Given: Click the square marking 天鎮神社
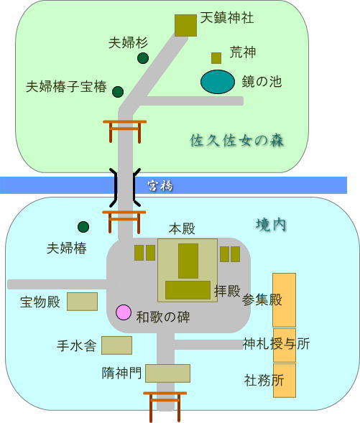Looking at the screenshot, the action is (x=185, y=25).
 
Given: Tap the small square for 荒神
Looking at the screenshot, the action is (x=216, y=58).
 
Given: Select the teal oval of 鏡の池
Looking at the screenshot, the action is (x=218, y=82).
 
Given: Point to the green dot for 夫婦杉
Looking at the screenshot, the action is (x=143, y=58).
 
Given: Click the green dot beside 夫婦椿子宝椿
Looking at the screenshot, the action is (x=118, y=92).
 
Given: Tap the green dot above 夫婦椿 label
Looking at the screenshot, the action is (x=83, y=227).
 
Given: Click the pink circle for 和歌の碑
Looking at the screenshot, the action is (x=124, y=312).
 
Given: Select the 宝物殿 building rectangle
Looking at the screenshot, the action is (x=83, y=302).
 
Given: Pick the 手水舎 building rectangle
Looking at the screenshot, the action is (x=117, y=345).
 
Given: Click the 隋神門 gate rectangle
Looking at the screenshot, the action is (x=167, y=373).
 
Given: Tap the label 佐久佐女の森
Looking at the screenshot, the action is (x=237, y=141).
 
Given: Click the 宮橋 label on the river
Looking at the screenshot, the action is (x=160, y=186).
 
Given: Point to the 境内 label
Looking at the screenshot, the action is (x=271, y=225).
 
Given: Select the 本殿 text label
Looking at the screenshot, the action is (x=182, y=229).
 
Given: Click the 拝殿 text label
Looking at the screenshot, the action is (x=227, y=291).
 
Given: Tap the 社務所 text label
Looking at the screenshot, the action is (x=264, y=381).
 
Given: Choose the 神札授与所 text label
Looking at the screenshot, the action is (x=276, y=344).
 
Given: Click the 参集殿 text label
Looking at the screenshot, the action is (x=262, y=299).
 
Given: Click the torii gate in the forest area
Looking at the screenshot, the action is (x=125, y=131).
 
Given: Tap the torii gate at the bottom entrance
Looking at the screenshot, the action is (x=165, y=406).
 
